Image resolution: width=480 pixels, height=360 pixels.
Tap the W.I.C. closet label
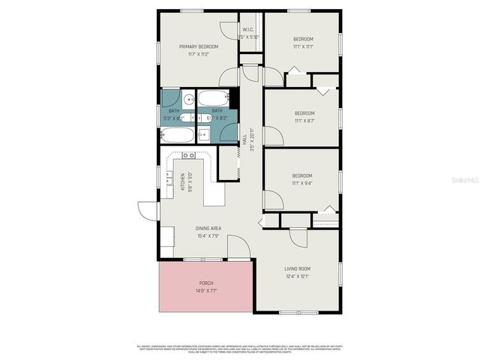click(x=249, y=29)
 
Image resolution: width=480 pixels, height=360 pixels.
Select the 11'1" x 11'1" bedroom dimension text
click(x=303, y=46)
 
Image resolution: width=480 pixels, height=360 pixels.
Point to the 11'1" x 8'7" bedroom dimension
click(x=303, y=120)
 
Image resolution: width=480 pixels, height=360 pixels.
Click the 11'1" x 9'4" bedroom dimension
click(x=302, y=182)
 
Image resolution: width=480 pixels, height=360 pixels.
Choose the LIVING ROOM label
click(x=297, y=268)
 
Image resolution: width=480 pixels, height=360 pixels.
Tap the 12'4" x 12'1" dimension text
click(x=297, y=276)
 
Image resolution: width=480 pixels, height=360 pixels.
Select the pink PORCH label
click(x=205, y=283)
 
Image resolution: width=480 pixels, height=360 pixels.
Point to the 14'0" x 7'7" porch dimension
click(x=205, y=290)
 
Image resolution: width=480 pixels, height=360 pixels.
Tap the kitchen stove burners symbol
click(x=188, y=155)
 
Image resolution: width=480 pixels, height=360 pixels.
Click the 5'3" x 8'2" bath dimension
click(x=173, y=118)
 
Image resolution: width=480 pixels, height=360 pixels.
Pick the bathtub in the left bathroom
click(x=177, y=136)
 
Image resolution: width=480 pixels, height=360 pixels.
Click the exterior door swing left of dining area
click(x=148, y=211)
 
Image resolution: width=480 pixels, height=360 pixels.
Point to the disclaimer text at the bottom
click(x=240, y=347)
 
